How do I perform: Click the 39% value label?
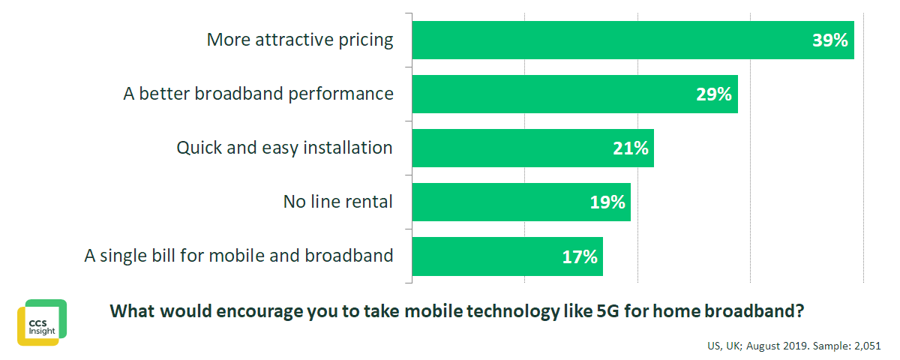coord(830,40)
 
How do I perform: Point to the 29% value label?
coord(713,94)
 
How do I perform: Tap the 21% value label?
coord(630,148)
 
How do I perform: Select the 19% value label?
coord(607,202)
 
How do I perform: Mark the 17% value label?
coord(580,256)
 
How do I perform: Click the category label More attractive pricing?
coord(300,40)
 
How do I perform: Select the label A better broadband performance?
coord(258,94)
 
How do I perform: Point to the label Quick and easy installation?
coord(284,148)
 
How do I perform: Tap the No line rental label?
coord(337,202)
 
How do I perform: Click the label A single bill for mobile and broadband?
coord(238,256)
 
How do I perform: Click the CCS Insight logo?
coord(42,322)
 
